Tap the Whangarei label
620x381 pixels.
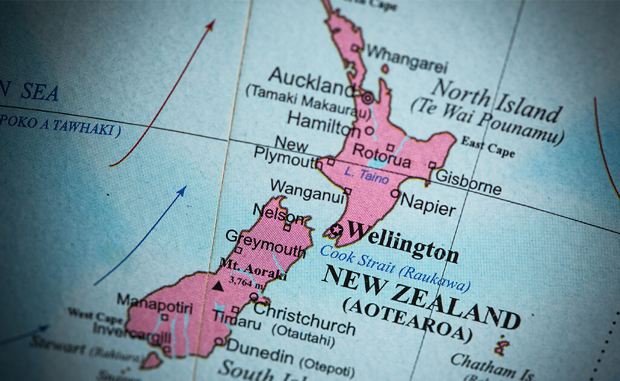[x=407, y=57]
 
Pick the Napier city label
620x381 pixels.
[x=428, y=205]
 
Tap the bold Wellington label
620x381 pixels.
[x=402, y=240]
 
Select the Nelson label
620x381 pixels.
[x=277, y=213]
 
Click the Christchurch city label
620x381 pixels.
[x=304, y=318]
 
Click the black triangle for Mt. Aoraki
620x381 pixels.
[x=218, y=285]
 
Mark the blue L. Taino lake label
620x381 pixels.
[x=366, y=174]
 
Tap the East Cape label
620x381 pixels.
[x=488, y=146]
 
